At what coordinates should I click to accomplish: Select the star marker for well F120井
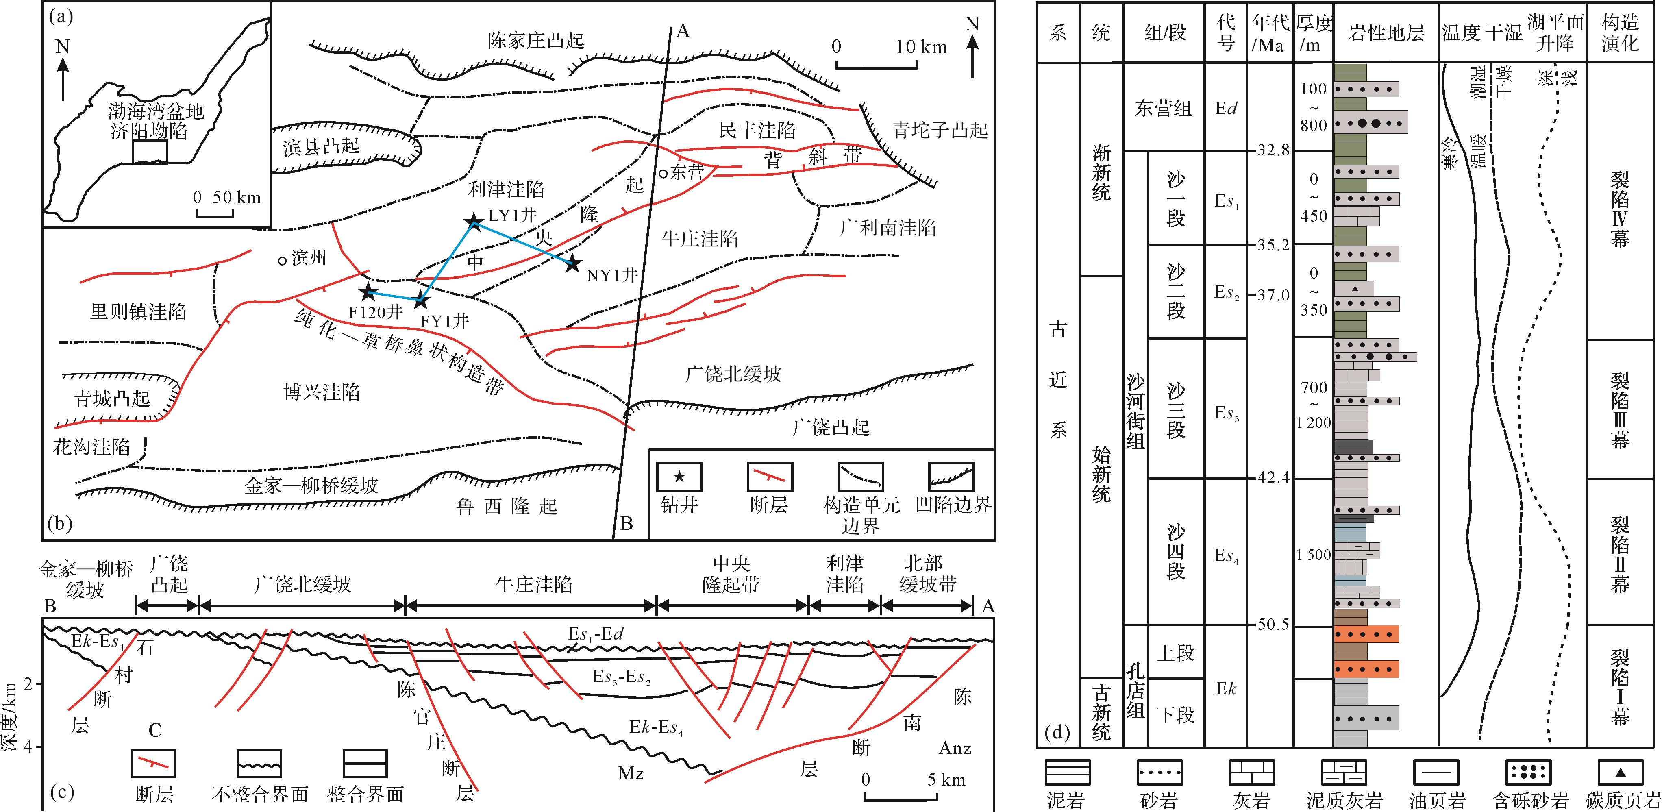(x=368, y=292)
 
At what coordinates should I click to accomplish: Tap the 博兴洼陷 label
(x=321, y=392)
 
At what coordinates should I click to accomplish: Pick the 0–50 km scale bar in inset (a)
(x=215, y=213)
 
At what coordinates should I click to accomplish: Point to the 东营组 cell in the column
(x=1163, y=108)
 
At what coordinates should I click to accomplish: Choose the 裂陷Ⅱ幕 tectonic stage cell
(x=1620, y=552)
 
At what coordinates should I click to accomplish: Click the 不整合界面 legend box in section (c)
(x=259, y=764)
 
